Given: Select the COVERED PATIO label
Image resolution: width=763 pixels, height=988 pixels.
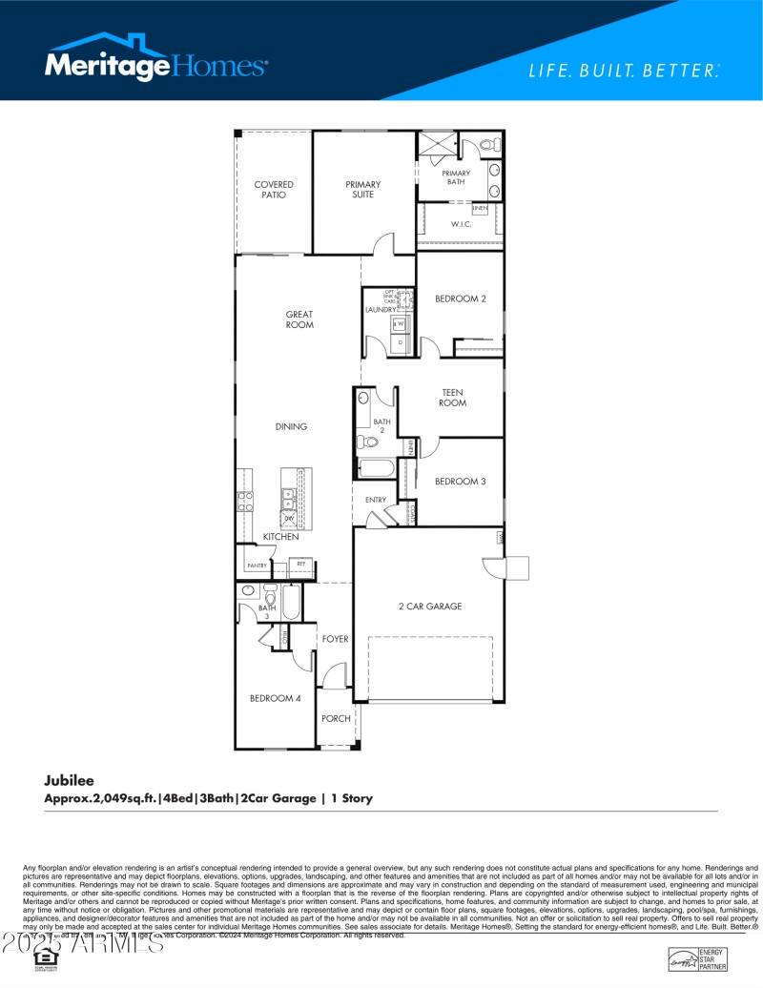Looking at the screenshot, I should point(274,190).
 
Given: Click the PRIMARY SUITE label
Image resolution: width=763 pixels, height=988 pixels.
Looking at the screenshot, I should point(362,190).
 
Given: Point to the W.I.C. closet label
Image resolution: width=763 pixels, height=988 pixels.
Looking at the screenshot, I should point(462,224).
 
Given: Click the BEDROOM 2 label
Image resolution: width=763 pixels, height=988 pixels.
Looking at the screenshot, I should point(461,298).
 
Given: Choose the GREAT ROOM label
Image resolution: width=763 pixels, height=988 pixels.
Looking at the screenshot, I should point(299,319).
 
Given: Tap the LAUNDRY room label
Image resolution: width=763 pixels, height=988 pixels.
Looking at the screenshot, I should point(381,310).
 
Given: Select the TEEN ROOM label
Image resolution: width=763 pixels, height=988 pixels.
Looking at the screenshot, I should point(452,397).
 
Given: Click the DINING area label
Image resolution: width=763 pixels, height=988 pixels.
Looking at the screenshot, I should point(291,426).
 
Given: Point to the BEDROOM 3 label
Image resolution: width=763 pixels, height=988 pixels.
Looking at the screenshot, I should point(461,482).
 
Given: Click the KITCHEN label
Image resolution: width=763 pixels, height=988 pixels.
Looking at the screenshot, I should point(281,537).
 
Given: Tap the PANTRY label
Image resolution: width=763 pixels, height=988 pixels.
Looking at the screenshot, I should point(257,566).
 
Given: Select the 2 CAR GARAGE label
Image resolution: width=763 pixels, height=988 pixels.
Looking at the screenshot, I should point(430,606).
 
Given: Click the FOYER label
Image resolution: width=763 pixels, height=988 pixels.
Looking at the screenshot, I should point(335,639).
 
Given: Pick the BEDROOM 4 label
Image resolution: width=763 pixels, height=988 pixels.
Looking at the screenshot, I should point(276,698).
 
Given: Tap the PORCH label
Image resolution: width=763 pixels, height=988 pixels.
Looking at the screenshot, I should point(335,718).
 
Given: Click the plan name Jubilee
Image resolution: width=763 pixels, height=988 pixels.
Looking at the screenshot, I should point(69,780).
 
